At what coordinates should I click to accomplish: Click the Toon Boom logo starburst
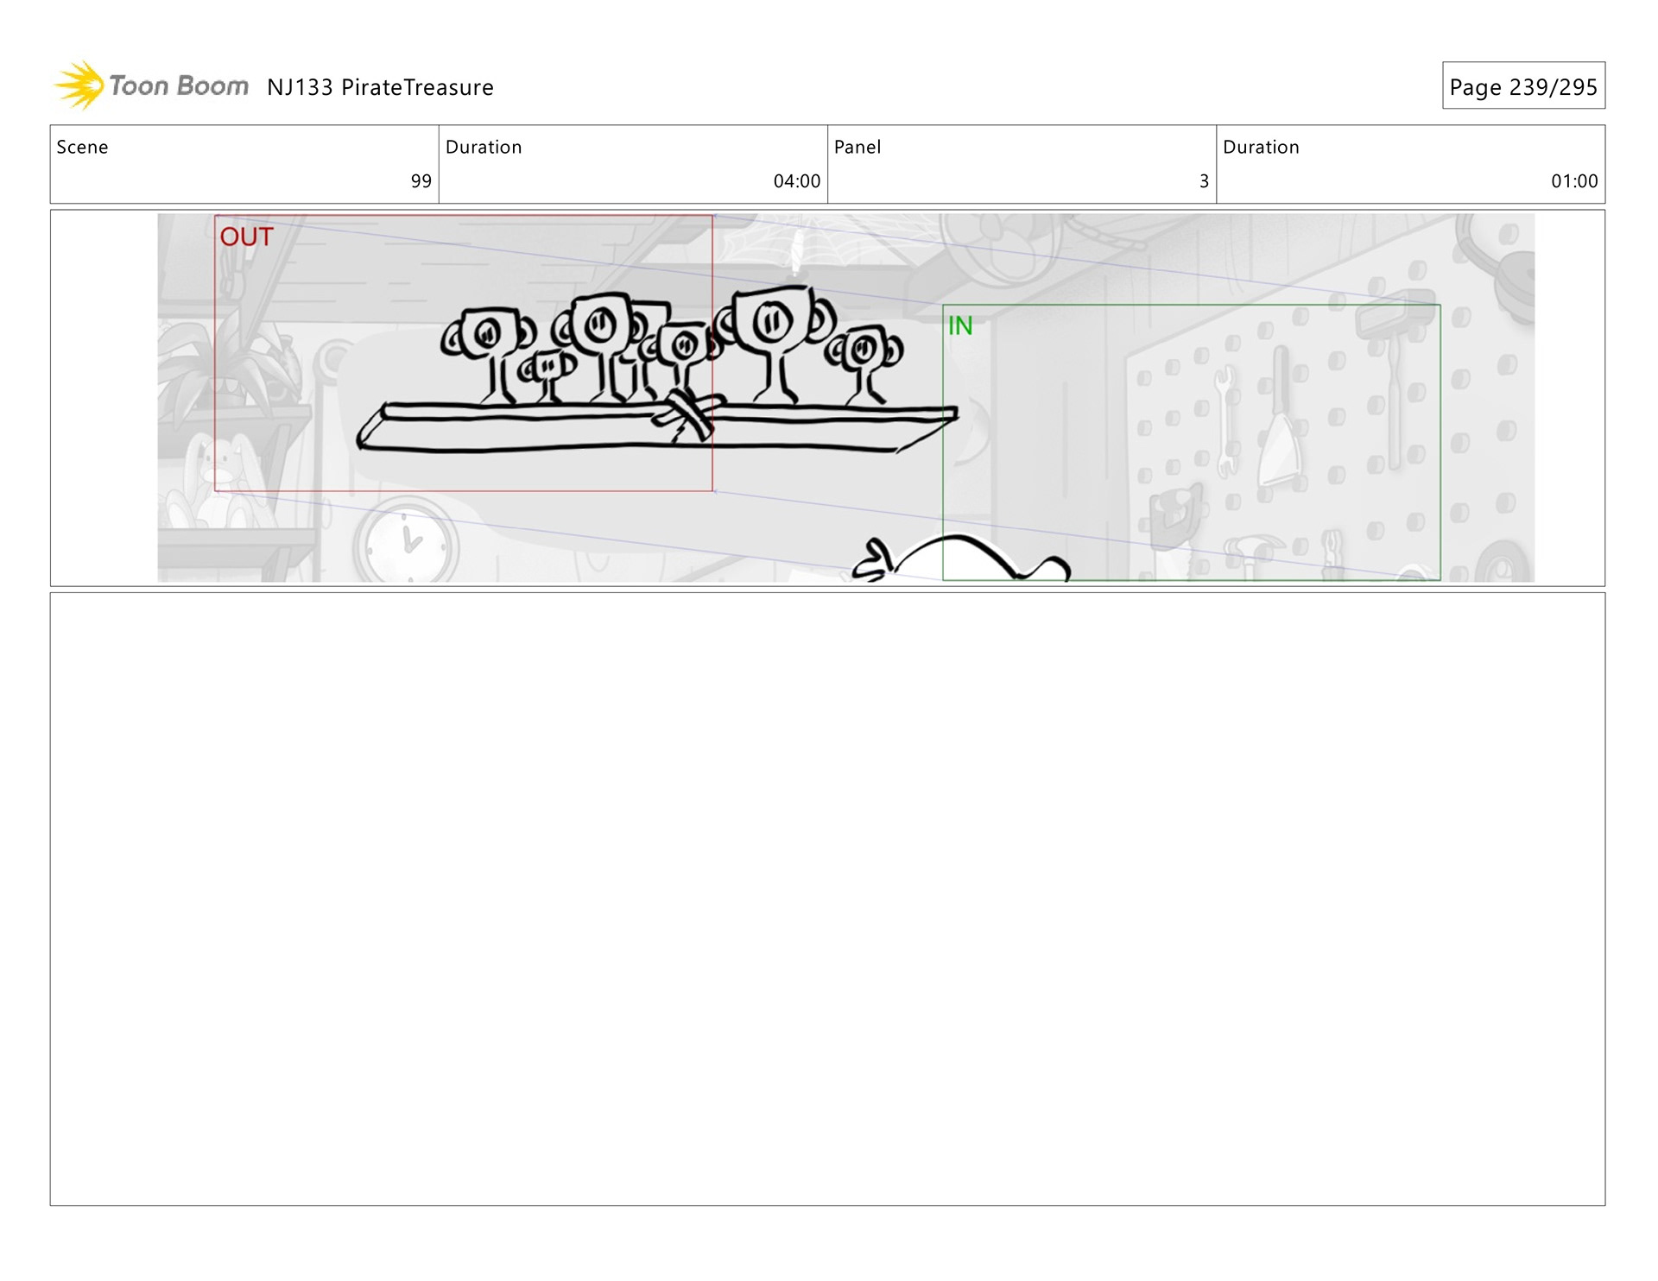coord(79,85)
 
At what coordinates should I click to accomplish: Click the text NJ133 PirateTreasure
coord(380,87)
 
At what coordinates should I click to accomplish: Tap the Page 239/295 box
coord(1523,85)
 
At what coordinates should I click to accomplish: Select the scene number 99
coord(421,181)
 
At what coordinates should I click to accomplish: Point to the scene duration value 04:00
coord(796,181)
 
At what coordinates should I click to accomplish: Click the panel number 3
coord(1204,181)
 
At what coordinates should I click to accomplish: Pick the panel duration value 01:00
coord(1574,181)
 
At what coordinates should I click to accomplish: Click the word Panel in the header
coord(857,147)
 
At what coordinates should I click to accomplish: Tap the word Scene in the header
coord(82,147)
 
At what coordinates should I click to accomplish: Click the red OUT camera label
coord(246,237)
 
